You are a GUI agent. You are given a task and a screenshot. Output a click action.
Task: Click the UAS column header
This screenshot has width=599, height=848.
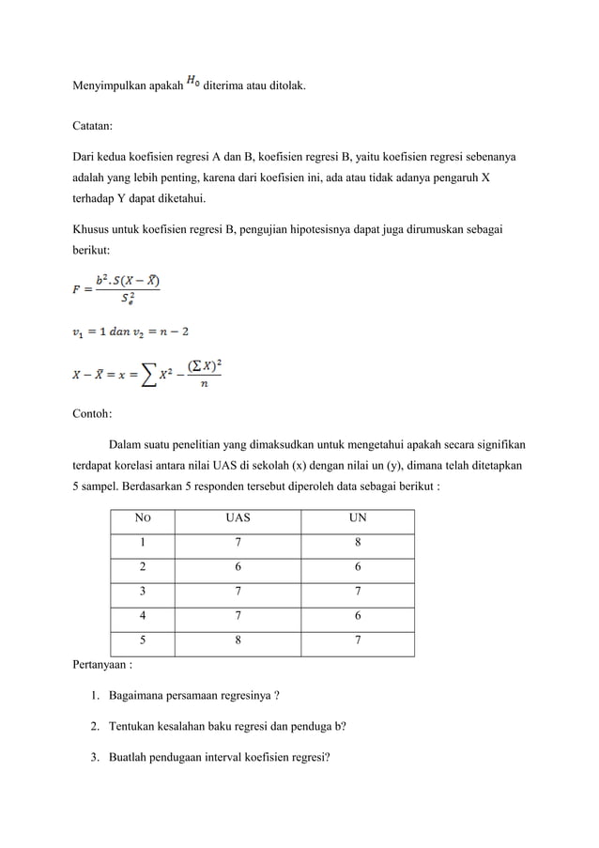pyautogui.click(x=238, y=518)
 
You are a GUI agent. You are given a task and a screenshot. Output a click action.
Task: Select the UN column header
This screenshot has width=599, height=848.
pyautogui.click(x=357, y=518)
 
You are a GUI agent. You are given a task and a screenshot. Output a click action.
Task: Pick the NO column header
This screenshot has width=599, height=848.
pyautogui.click(x=143, y=518)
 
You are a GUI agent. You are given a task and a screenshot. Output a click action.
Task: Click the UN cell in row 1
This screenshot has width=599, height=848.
pyautogui.click(x=357, y=543)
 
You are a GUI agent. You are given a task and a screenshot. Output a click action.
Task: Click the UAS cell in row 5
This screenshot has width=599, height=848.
pyautogui.click(x=238, y=641)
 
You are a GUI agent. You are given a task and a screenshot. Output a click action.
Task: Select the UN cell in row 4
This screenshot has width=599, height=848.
pyautogui.click(x=357, y=617)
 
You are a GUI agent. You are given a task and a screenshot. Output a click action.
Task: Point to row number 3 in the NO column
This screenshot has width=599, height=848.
pyautogui.click(x=143, y=593)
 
